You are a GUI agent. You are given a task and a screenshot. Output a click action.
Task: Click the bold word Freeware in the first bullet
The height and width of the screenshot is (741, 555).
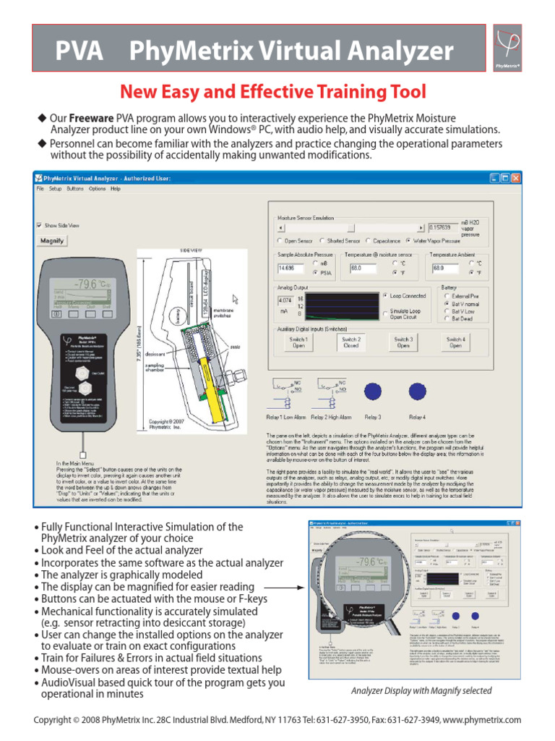point(91,117)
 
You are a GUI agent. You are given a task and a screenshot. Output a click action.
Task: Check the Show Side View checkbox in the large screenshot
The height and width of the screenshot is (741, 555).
point(40,225)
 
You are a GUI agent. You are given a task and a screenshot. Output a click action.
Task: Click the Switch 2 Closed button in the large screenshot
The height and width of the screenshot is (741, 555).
point(351,342)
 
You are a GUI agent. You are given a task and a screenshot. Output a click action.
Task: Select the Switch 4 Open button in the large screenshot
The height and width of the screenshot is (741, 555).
point(455,342)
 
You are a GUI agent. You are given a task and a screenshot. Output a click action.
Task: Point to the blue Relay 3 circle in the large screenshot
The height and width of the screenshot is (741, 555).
point(373,391)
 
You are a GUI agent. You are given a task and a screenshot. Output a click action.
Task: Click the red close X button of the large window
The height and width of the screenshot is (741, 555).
point(515,177)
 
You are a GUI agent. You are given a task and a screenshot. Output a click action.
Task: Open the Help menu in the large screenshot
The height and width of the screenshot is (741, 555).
point(116,189)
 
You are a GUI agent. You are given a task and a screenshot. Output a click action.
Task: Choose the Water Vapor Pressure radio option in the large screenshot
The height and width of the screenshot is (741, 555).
point(409,240)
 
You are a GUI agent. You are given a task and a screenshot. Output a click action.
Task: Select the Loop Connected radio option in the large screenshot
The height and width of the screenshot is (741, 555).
point(385,296)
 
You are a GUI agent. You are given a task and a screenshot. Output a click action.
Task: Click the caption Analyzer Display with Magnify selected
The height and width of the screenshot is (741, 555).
point(421,690)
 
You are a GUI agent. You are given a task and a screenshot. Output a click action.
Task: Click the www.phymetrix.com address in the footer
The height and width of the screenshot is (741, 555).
point(482,720)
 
